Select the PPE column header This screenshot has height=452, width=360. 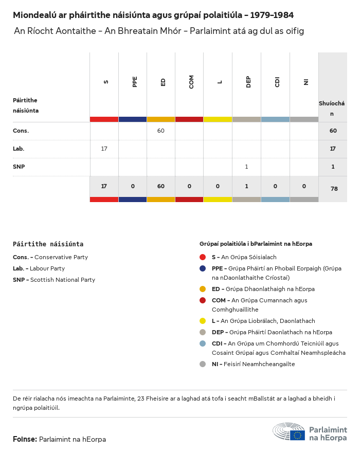click(x=135, y=82)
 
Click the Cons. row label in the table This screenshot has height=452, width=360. click(x=21, y=131)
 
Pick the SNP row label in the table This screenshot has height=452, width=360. click(x=19, y=167)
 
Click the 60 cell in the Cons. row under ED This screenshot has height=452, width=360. click(x=161, y=131)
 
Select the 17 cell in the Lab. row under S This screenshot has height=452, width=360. click(x=104, y=149)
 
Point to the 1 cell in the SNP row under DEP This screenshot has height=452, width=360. click(x=246, y=167)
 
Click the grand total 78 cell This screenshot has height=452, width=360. click(x=334, y=189)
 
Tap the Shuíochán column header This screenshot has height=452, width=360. click(x=332, y=109)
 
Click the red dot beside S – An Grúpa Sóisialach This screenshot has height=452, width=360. click(x=203, y=257)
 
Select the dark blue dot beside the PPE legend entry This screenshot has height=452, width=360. click(x=203, y=268)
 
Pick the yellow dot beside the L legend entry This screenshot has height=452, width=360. click(x=203, y=321)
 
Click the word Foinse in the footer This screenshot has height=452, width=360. click(x=25, y=440)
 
